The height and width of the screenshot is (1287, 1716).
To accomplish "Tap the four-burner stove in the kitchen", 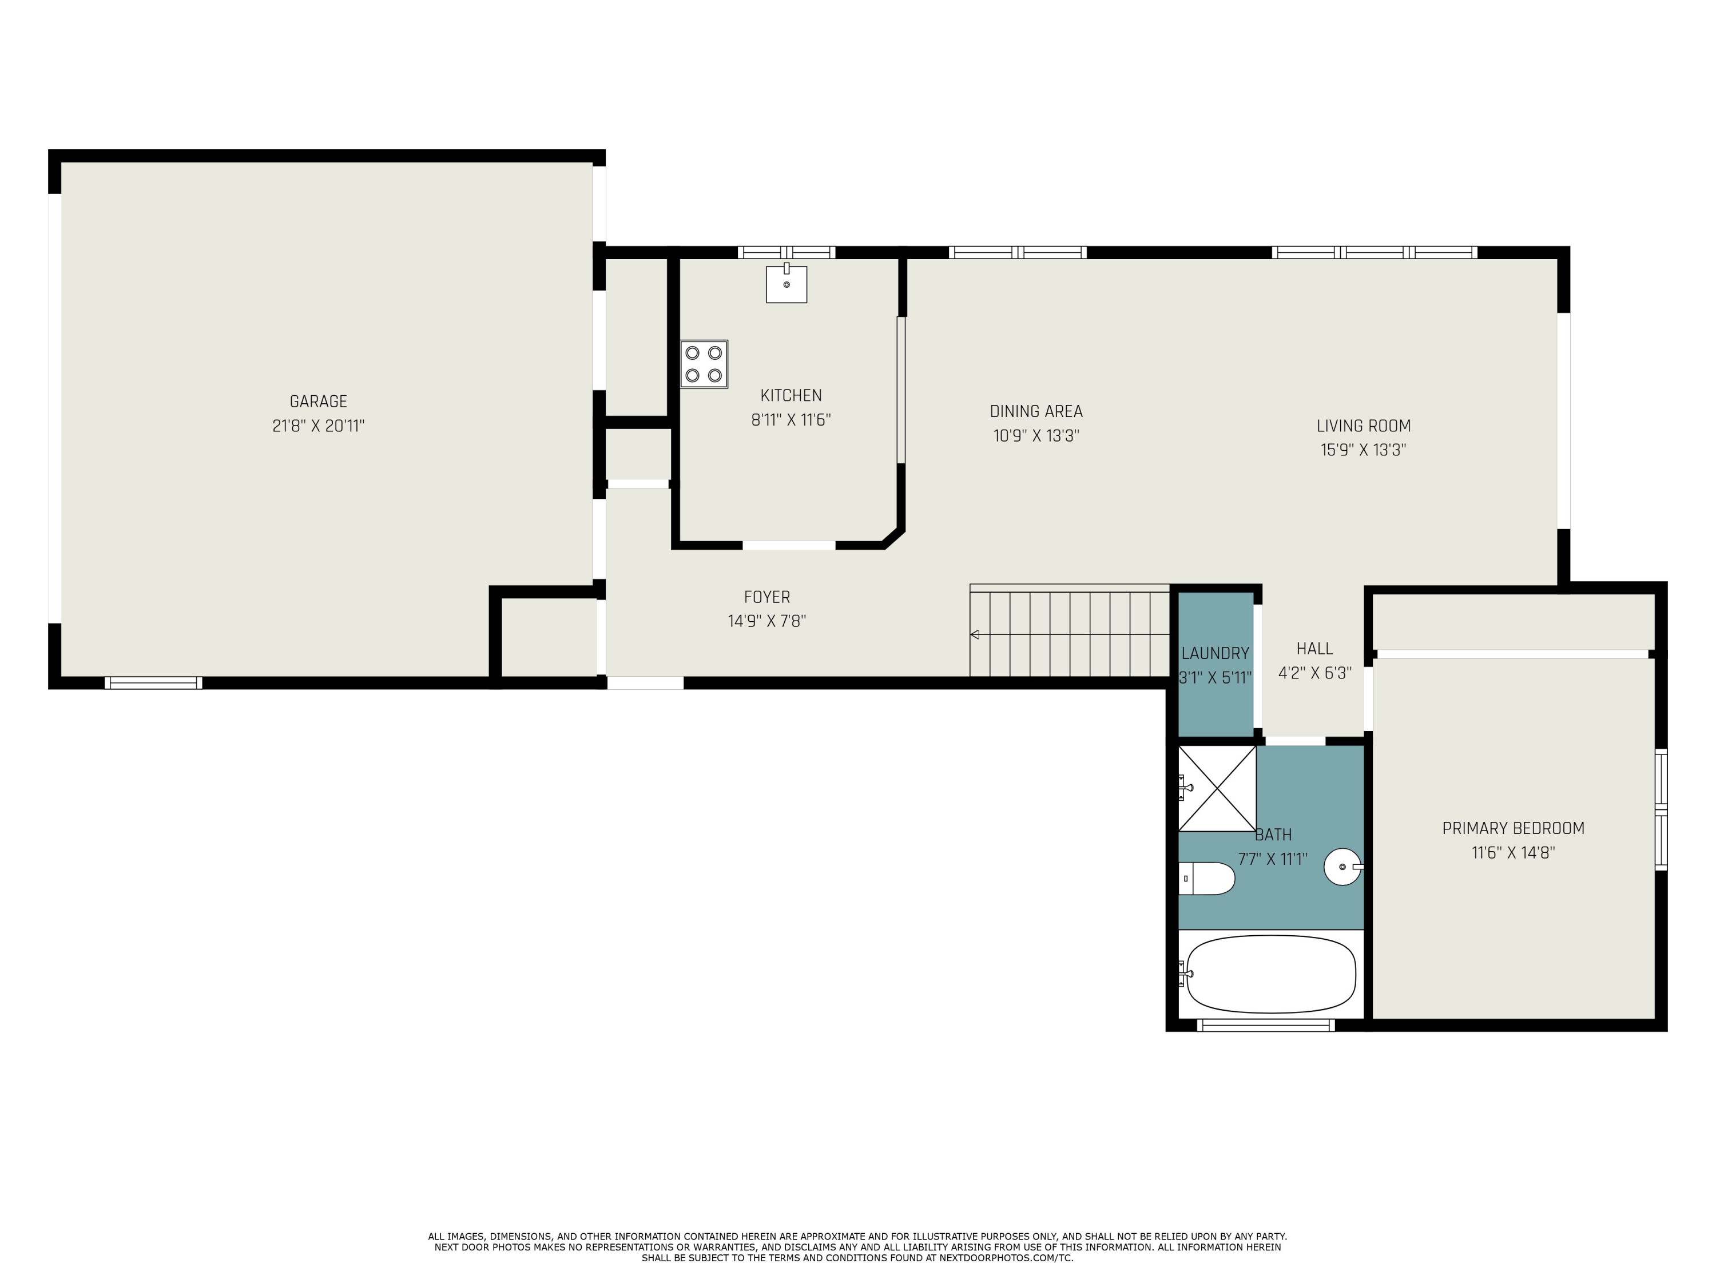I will [704, 364].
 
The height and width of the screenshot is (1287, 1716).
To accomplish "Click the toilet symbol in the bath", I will [1207, 878].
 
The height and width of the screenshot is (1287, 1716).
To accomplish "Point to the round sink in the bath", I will [1342, 867].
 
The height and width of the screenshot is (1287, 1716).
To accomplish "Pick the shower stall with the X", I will [1217, 788].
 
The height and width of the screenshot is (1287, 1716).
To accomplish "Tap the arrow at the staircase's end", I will [975, 634].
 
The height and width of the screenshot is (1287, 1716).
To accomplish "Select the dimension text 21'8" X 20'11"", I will [318, 426].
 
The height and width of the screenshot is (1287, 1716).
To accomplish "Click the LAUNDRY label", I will [1215, 653].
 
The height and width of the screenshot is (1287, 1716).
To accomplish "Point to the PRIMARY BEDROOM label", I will [1513, 828].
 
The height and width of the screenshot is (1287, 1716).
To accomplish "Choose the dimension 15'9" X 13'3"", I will [1363, 450].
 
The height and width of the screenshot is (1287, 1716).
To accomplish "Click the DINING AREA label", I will [1036, 411].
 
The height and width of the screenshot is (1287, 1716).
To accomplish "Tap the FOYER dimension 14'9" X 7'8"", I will [766, 621].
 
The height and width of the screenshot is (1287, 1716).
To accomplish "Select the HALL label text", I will [1314, 649].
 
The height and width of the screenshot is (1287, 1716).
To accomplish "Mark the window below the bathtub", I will [1265, 1026].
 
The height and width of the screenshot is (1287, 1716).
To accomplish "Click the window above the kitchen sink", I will [786, 252].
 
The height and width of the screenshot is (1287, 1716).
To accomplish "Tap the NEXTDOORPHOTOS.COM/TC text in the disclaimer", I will [1006, 1257].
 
